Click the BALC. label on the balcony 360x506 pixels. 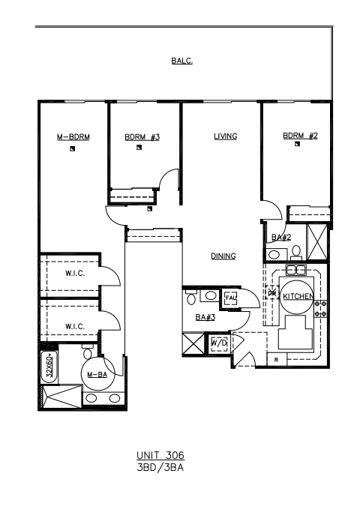click(181, 61)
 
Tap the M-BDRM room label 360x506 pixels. click(73, 137)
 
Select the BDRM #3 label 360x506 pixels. click(142, 137)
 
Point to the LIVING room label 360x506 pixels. click(225, 136)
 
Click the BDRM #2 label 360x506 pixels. click(300, 136)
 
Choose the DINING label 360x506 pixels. click(223, 256)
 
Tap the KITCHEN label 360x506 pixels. click(298, 296)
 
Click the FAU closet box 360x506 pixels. click(230, 298)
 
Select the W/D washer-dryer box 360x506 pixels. click(219, 343)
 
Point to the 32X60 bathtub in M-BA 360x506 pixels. click(49, 367)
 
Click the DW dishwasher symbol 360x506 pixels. click(271, 292)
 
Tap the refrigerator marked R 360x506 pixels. click(277, 360)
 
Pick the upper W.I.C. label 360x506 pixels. click(75, 274)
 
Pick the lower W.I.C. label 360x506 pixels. click(75, 326)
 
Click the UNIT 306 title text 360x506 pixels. click(160, 455)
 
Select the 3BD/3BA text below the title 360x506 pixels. click(160, 467)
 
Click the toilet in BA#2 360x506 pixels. click(296, 252)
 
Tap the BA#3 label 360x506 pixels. click(205, 317)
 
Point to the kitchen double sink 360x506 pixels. click(295, 269)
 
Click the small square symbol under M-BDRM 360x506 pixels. click(73, 148)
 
